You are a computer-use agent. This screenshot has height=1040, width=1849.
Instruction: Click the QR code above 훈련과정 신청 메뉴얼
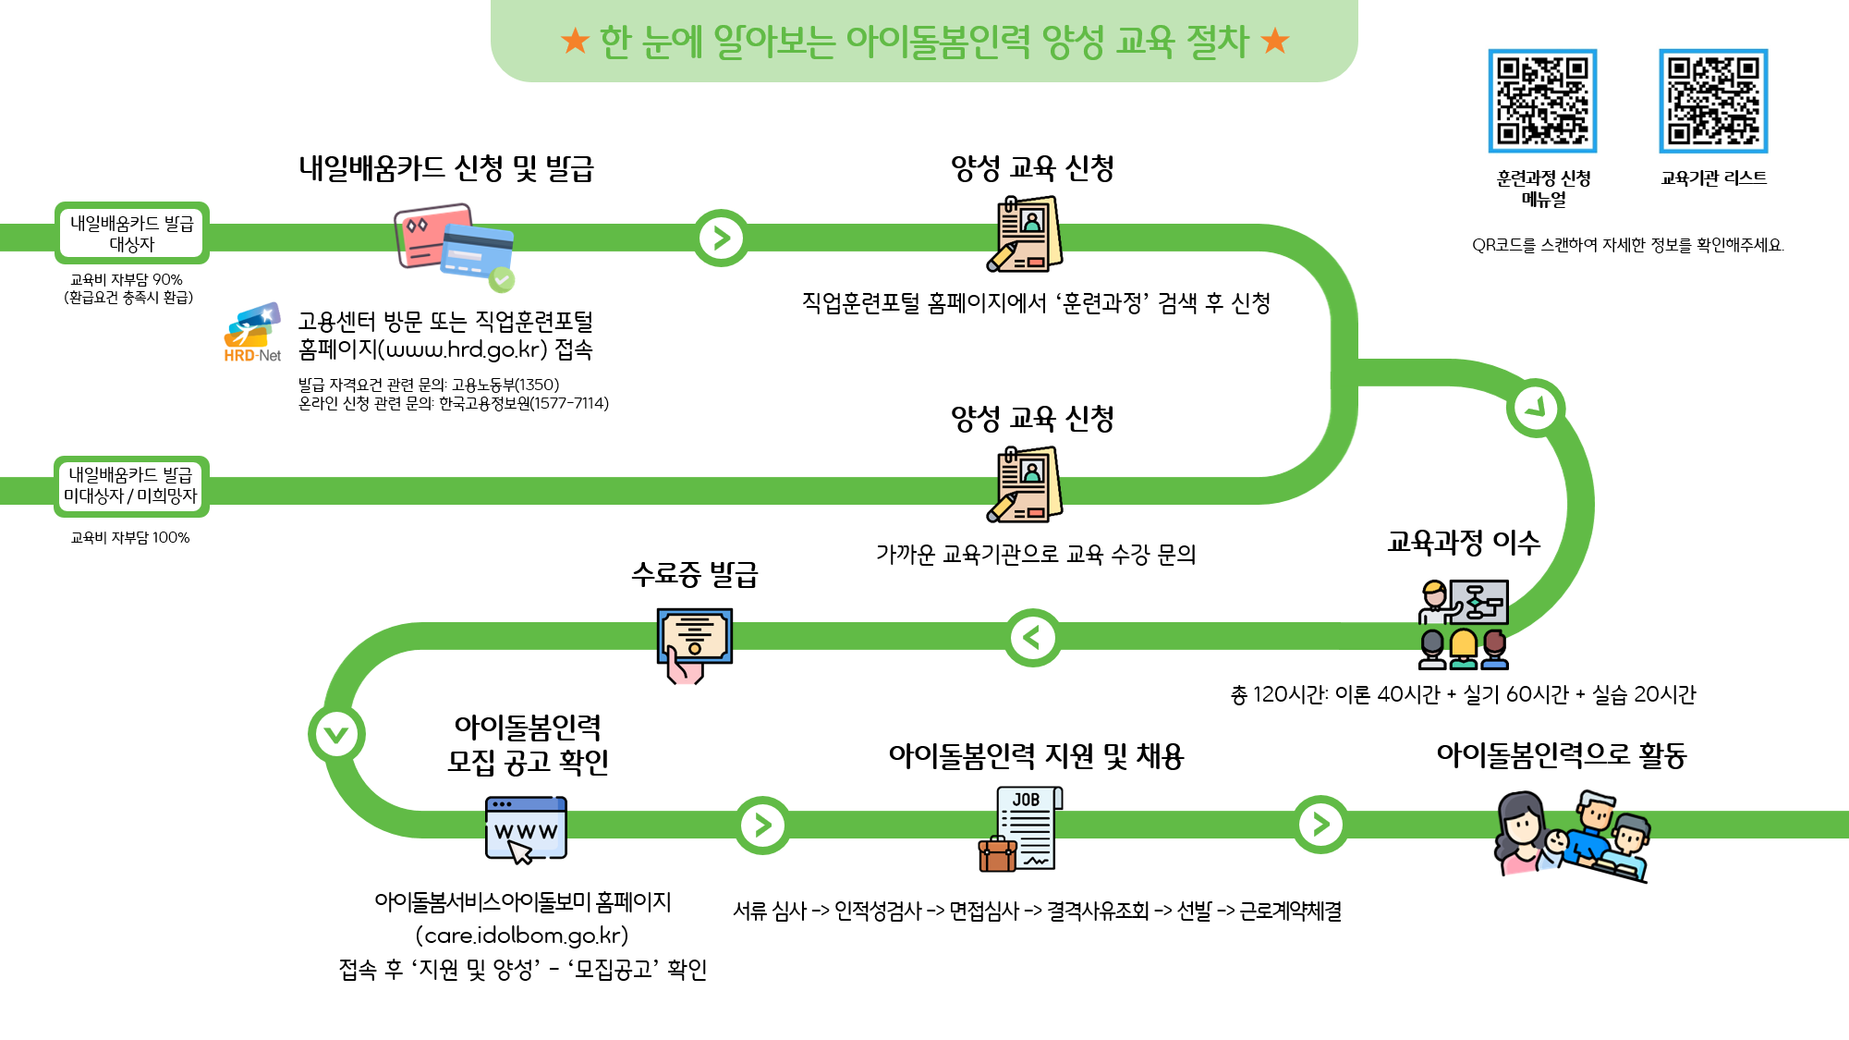pos(1542,101)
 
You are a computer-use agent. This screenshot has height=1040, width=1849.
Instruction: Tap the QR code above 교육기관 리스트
pos(1713,101)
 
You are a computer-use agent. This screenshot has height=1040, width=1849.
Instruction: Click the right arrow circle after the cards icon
pos(722,239)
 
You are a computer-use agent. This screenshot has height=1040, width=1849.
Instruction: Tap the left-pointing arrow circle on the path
pos(1033,637)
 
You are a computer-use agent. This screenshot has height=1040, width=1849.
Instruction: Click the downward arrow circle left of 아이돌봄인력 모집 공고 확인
pos(336,734)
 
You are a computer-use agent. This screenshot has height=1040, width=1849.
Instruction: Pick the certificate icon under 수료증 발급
pos(695,645)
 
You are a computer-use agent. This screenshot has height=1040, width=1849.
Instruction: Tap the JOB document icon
pos(1021,828)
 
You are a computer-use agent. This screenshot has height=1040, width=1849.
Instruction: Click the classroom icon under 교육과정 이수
pos(1464,624)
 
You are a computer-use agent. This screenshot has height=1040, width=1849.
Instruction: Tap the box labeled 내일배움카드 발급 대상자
pos(132,233)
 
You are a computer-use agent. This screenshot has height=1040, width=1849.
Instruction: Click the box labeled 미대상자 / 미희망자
pos(131,485)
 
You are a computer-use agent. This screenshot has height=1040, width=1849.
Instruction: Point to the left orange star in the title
pos(575,40)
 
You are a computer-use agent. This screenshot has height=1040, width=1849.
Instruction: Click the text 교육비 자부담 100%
pos(130,537)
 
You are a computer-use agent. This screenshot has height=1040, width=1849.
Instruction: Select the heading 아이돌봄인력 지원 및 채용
pos(1036,756)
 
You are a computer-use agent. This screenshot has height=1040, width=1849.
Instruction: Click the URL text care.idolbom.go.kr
pos(522,936)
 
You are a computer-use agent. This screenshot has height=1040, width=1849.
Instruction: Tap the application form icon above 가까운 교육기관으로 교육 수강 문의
pos(1025,484)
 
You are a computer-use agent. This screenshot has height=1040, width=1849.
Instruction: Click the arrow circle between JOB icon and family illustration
pos(1321,824)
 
